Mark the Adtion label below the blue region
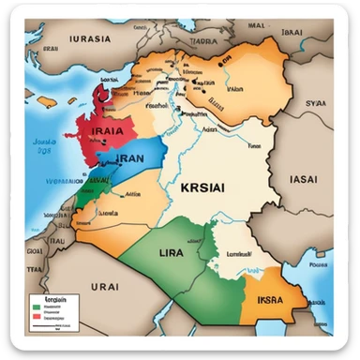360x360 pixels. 131,196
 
